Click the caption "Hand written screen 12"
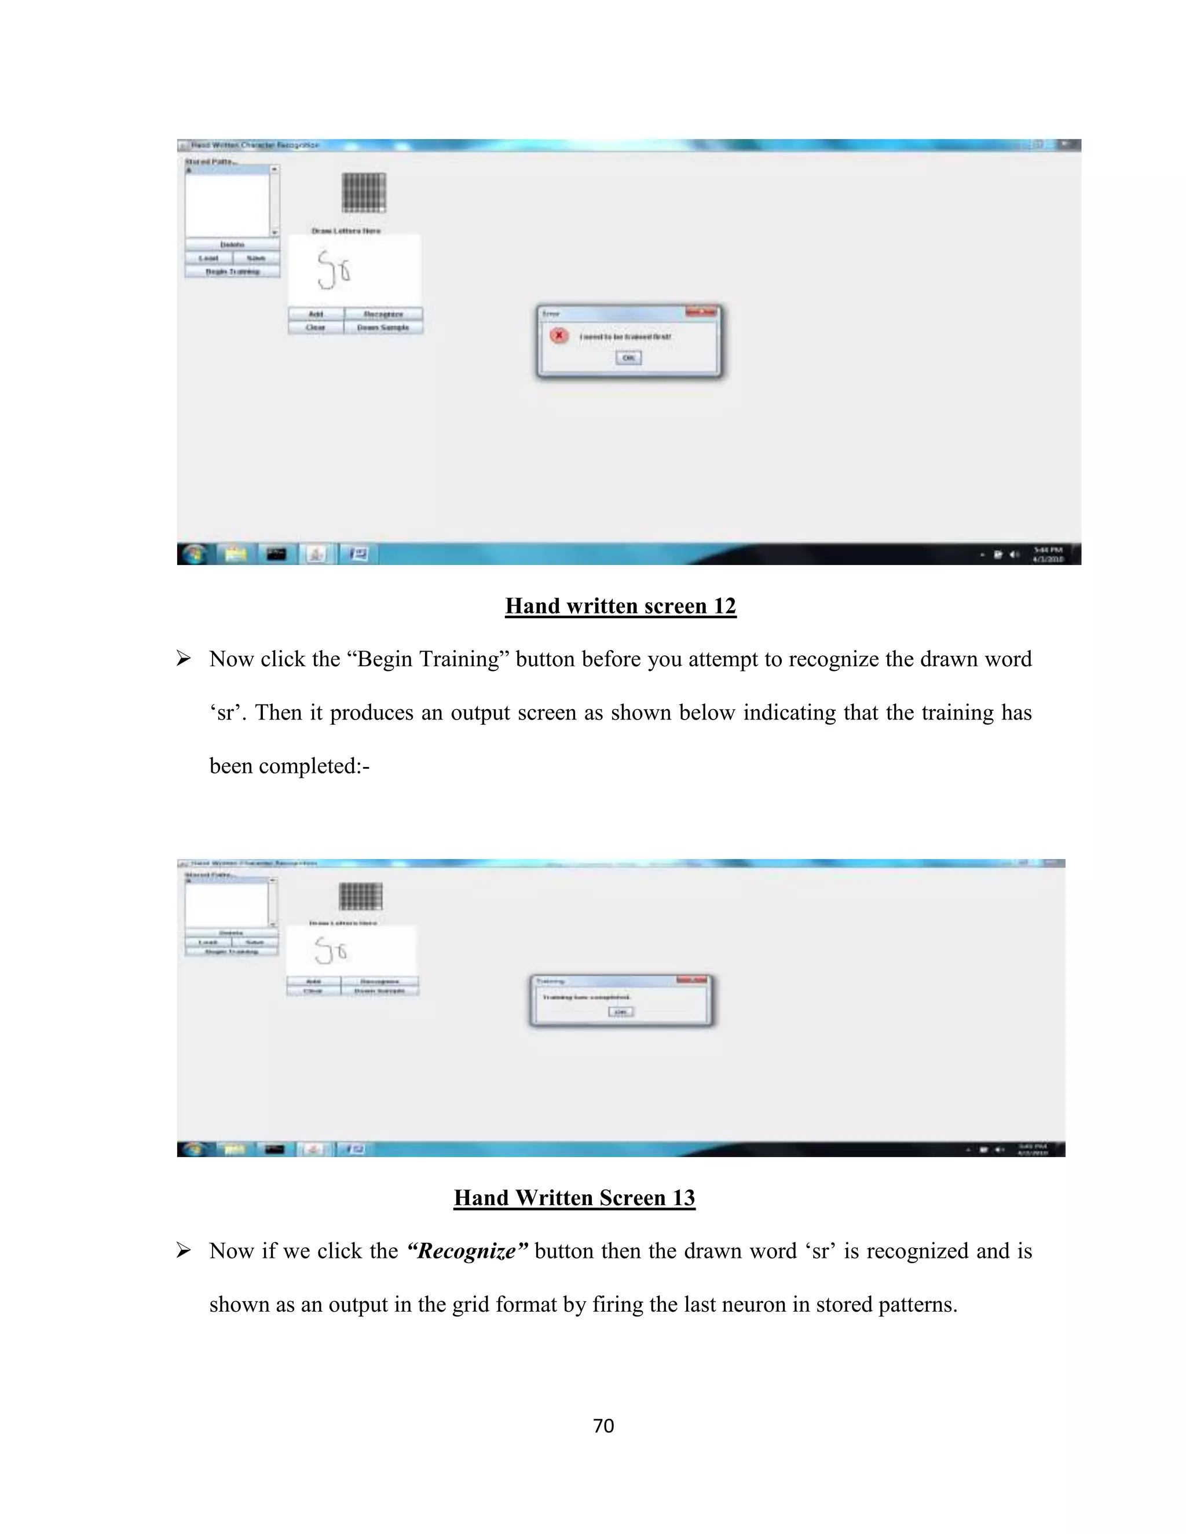tap(620, 606)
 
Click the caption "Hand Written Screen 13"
tap(574, 1198)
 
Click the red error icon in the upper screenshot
tap(559, 336)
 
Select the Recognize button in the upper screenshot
tap(383, 314)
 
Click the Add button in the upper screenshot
tap(316, 314)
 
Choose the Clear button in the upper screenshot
tap(316, 327)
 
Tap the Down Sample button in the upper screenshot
tap(383, 327)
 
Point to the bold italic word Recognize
tap(467, 1251)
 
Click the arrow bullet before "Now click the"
tap(184, 659)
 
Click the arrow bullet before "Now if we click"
tap(184, 1251)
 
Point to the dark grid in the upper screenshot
tap(364, 192)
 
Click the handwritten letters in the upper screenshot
tap(333, 270)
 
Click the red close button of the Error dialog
tap(701, 312)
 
